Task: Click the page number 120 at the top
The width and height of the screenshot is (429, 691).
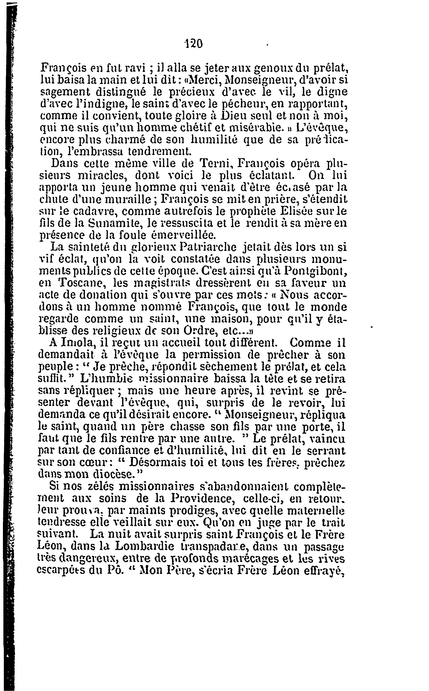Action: [x=193, y=44]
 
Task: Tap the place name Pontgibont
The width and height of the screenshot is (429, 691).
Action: [x=314, y=271]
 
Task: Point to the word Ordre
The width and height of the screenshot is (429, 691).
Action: [x=201, y=331]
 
